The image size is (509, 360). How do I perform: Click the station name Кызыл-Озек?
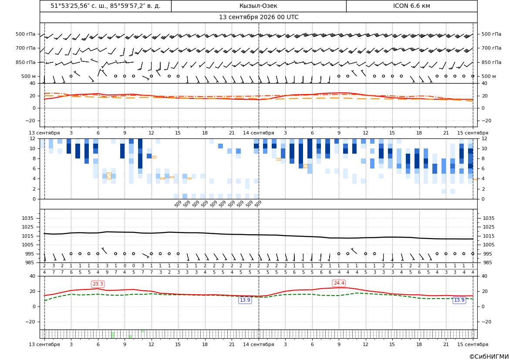point(258,6)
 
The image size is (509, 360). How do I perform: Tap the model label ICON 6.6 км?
point(411,6)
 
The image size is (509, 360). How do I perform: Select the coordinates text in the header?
point(105,6)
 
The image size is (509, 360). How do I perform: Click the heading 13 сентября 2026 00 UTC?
point(258,17)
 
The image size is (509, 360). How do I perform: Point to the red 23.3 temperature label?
point(98,284)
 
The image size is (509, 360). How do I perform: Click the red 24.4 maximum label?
point(339,283)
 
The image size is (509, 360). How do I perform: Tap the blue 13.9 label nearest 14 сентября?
point(245,300)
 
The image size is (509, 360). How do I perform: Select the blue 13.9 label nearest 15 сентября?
point(459,300)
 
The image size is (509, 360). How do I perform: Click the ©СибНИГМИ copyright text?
point(489,357)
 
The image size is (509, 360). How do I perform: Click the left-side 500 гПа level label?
point(26,34)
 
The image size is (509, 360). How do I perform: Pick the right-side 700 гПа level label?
point(492,48)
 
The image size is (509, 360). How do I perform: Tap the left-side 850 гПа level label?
point(26,62)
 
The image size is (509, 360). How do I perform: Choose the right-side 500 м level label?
point(489,76)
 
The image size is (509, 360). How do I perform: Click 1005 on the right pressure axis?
point(489,245)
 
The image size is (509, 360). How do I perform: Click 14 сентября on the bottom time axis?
point(258,344)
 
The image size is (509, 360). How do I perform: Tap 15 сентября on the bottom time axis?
point(473,344)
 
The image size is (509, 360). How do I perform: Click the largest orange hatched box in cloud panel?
point(109,175)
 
